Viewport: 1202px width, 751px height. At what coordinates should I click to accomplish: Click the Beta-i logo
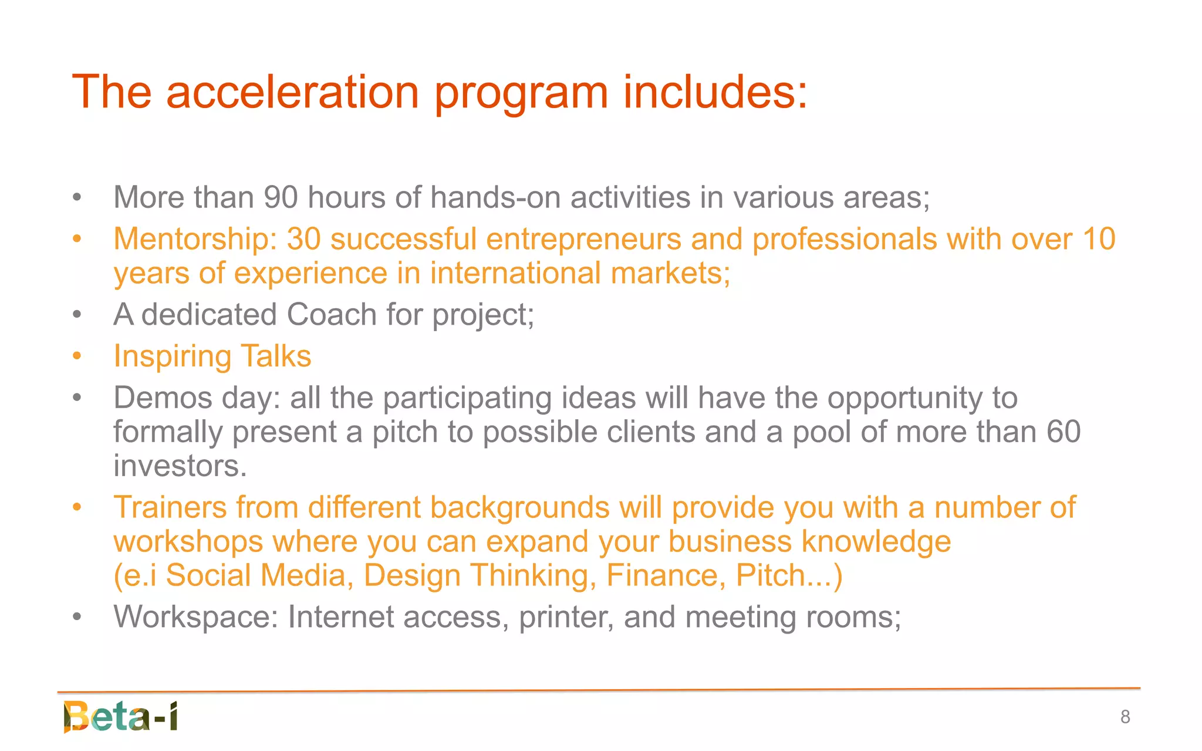click(x=121, y=716)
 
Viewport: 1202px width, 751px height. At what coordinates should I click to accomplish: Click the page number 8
click(x=1125, y=717)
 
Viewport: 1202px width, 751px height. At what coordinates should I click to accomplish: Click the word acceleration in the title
click(x=292, y=93)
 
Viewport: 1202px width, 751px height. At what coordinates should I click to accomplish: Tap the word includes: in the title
click(x=715, y=93)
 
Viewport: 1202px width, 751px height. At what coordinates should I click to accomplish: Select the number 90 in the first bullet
click(x=281, y=197)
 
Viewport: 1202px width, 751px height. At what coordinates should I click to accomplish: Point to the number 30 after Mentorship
click(x=303, y=240)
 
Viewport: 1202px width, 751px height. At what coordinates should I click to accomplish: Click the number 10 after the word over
click(x=1099, y=240)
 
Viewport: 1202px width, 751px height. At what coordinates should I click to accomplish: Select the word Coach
click(x=332, y=315)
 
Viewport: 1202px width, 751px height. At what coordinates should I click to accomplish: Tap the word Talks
click(x=276, y=356)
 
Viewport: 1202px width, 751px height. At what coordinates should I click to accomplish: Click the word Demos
click(x=163, y=398)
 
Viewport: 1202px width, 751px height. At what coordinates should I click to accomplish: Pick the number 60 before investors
click(x=1063, y=432)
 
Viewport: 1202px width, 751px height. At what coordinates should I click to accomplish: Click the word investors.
click(x=180, y=466)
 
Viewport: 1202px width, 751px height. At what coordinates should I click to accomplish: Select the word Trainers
click(x=170, y=507)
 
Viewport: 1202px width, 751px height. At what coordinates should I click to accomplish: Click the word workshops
click(x=188, y=542)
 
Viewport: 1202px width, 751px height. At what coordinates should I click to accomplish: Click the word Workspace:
click(x=195, y=618)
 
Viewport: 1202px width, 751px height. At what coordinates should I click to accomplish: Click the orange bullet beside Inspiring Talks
click(x=77, y=356)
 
